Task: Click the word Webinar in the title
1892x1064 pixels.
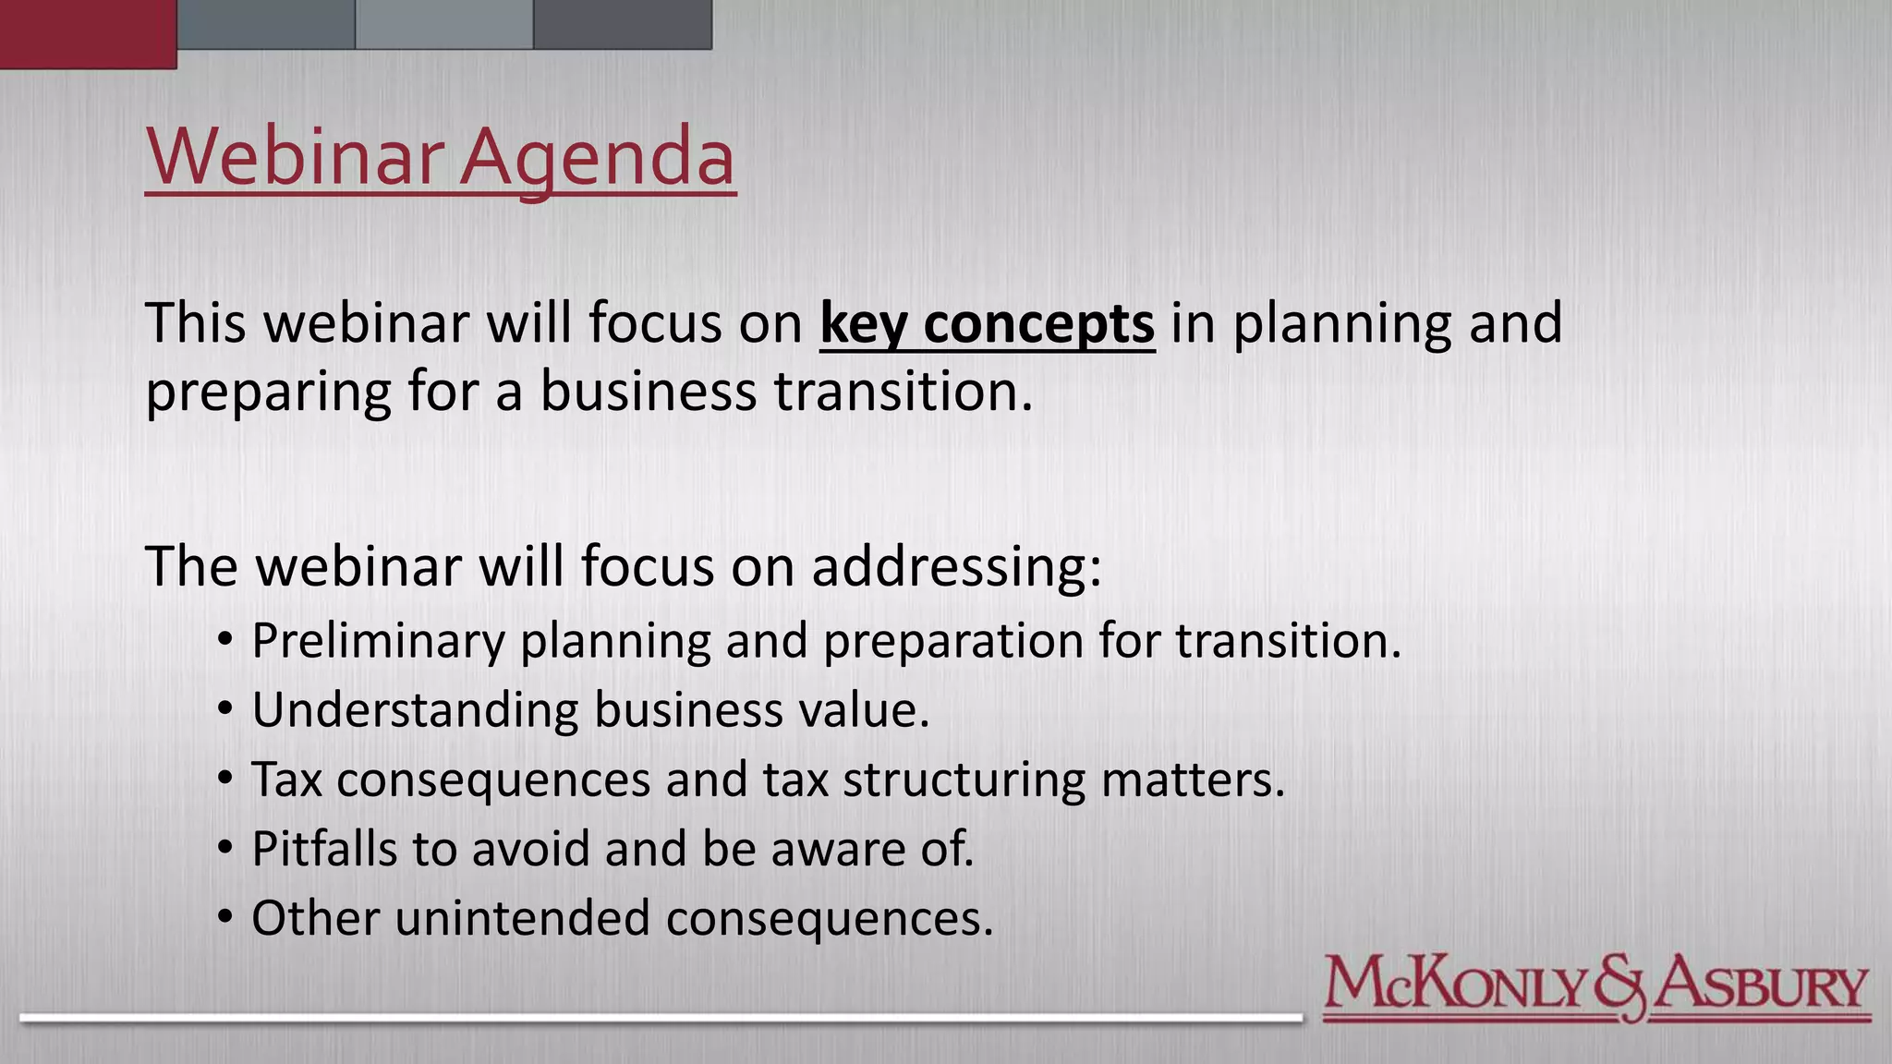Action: point(293,156)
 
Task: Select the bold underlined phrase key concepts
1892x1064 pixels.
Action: point(987,324)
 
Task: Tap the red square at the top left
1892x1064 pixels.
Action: point(88,33)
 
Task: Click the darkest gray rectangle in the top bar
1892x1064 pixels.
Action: point(622,24)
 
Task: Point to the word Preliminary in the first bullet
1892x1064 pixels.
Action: point(378,641)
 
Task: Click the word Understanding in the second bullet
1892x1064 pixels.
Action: point(415,710)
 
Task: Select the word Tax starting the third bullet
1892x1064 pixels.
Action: point(286,780)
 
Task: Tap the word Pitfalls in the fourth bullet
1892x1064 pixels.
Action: point(324,849)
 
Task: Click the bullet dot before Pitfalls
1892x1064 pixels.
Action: point(225,847)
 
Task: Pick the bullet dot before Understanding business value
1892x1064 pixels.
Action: point(225,708)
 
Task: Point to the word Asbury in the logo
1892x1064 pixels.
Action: point(1760,986)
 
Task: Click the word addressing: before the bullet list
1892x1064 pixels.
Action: point(956,566)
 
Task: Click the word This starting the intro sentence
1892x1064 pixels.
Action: point(196,324)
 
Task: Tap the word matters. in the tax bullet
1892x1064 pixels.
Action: point(1193,780)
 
